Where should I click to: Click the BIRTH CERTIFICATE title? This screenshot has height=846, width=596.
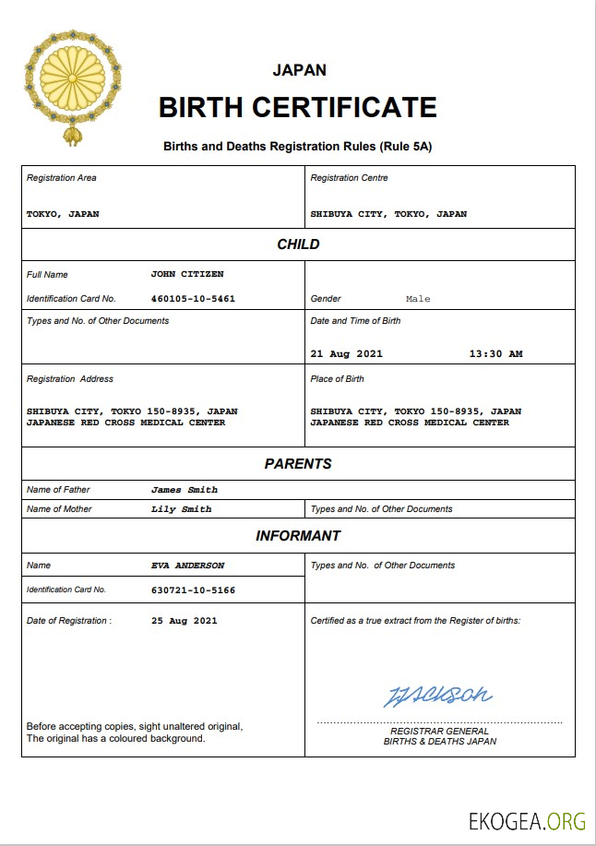click(297, 107)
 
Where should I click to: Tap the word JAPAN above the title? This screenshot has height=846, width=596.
click(299, 70)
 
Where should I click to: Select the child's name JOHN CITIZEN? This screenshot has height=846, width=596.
click(187, 274)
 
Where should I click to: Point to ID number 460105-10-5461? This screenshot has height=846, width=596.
click(193, 299)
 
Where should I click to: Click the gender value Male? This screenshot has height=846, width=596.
click(418, 299)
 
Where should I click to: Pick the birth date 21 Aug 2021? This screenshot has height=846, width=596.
click(346, 353)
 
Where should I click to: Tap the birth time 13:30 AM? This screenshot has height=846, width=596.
click(495, 353)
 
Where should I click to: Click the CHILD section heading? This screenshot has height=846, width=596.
click(298, 244)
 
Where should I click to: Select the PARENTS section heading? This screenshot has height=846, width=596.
click(298, 464)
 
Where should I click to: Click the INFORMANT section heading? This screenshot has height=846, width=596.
click(298, 536)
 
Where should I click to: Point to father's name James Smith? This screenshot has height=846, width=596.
click(185, 490)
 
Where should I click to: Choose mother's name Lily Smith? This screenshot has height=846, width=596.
click(182, 509)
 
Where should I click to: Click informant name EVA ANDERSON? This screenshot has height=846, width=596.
click(187, 566)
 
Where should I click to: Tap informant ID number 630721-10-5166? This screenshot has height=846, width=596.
click(193, 590)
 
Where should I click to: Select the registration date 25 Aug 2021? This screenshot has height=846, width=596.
click(185, 621)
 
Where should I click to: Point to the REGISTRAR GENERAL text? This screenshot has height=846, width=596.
click(440, 732)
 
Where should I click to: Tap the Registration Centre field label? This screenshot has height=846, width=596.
click(349, 178)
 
